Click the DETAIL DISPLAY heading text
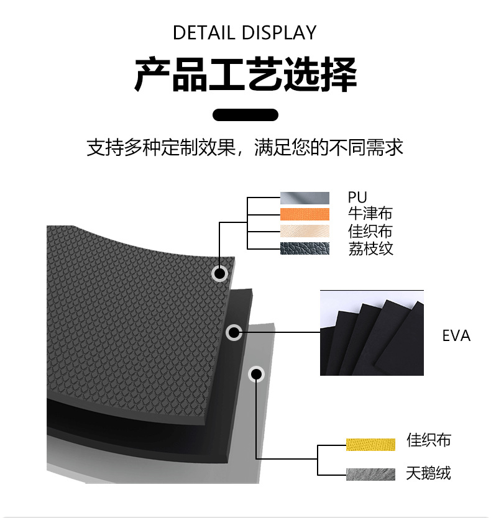(x=245, y=32)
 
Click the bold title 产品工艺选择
(x=245, y=75)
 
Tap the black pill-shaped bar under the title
(x=245, y=114)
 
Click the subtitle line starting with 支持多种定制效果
(x=245, y=147)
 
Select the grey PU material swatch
(x=305, y=198)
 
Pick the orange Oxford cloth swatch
(x=305, y=214)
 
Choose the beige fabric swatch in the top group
(x=305, y=231)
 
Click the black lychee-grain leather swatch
(x=305, y=248)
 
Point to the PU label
(x=357, y=198)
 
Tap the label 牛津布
(x=370, y=214)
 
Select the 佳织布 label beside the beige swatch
(x=370, y=231)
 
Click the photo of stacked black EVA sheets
(x=372, y=333)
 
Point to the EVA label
(x=456, y=336)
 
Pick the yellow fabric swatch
(x=370, y=444)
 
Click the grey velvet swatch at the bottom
(x=370, y=474)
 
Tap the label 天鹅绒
(x=428, y=473)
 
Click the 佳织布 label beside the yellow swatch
(x=428, y=441)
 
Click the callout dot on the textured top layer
(x=219, y=273)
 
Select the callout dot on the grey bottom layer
(x=256, y=374)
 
